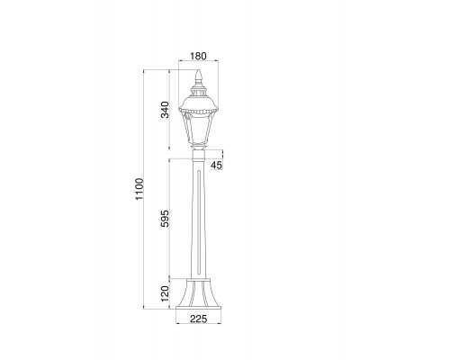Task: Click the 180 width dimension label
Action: (x=198, y=56)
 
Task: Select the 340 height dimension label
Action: (x=165, y=110)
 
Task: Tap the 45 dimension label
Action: (x=217, y=165)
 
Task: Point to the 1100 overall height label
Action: (x=139, y=189)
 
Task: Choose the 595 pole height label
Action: (x=165, y=219)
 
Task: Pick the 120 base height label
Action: (x=165, y=293)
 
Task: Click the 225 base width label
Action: (x=198, y=319)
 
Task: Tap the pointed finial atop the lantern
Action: (x=198, y=76)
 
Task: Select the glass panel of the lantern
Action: (x=198, y=130)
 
